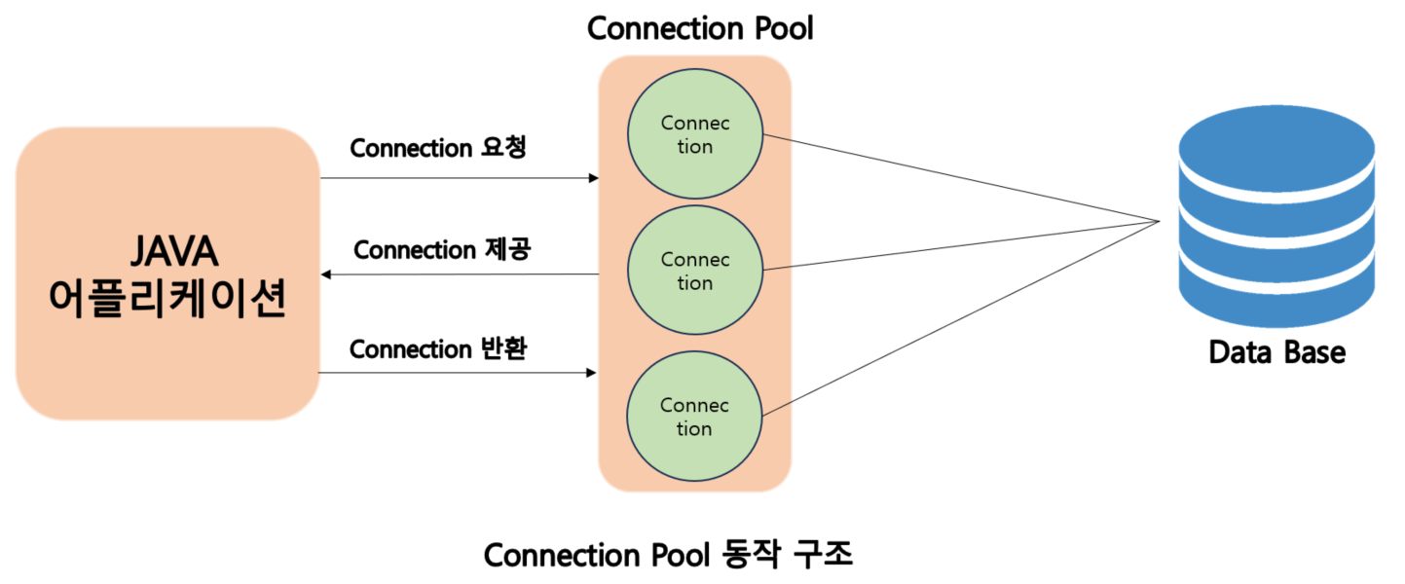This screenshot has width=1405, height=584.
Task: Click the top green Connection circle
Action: click(x=694, y=135)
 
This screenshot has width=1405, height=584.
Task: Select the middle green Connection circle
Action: click(x=694, y=272)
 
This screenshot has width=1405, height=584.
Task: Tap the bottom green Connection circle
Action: click(x=694, y=417)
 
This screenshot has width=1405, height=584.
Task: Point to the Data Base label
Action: click(x=1276, y=351)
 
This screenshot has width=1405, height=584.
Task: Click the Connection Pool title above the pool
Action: click(x=699, y=28)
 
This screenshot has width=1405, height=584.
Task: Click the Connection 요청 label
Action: click(x=438, y=148)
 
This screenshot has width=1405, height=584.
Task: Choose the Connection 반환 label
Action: click(x=438, y=348)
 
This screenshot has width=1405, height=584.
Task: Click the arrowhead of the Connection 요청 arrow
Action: click(x=593, y=178)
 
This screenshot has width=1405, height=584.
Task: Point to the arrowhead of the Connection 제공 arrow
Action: click(x=326, y=274)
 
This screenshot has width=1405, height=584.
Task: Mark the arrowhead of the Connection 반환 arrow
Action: click(x=593, y=373)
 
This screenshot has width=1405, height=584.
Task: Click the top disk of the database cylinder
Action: click(x=1277, y=136)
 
